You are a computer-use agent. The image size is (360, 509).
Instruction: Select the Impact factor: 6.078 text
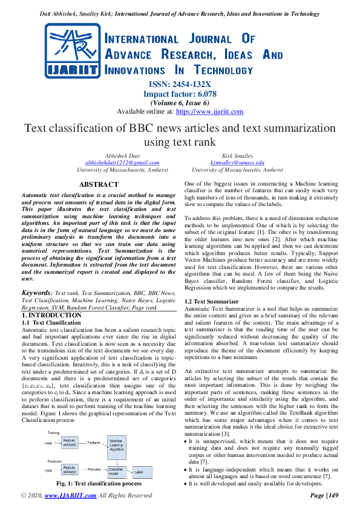(180, 94)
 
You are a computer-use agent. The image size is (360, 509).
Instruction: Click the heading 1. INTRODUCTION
(51, 316)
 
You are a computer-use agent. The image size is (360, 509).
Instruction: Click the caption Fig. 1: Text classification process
(99, 484)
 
